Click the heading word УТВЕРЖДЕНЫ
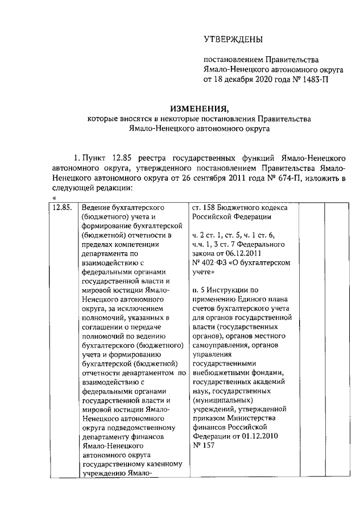point(233,39)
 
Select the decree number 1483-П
point(311,80)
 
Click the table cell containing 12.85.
point(61,207)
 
